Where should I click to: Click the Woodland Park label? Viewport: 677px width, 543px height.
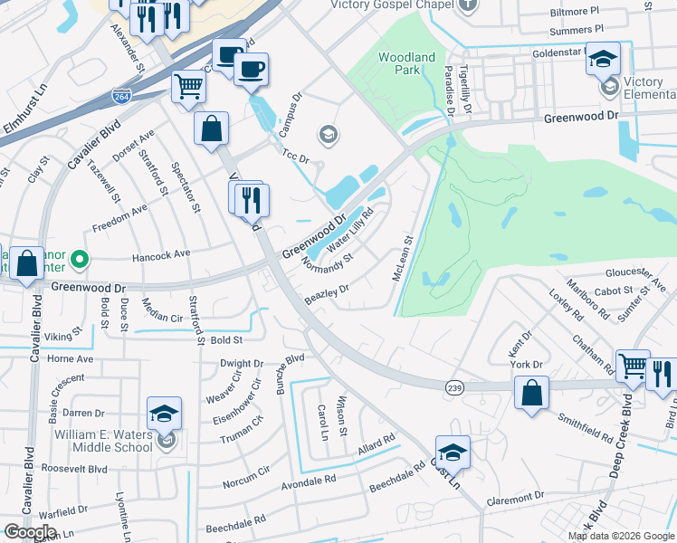click(406, 63)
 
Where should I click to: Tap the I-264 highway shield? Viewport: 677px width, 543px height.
click(119, 95)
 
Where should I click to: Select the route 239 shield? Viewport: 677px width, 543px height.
click(455, 386)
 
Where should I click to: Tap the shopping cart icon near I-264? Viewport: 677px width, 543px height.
click(189, 88)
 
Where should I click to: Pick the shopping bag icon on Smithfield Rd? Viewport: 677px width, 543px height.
click(531, 394)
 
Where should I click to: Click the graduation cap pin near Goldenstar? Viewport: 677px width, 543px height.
click(603, 59)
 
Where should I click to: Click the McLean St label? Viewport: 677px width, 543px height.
click(404, 259)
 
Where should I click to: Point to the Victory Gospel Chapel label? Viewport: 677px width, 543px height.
click(390, 5)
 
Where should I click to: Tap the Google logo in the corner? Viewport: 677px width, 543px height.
click(29, 532)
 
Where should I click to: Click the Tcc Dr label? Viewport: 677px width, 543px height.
click(296, 157)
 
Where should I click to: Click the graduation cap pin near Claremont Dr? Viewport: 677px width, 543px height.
click(453, 452)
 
